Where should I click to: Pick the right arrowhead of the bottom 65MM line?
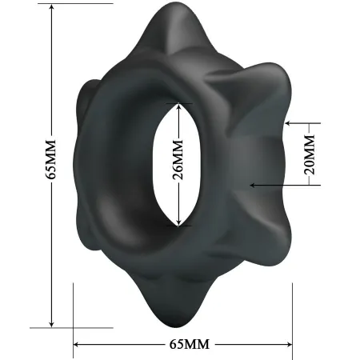[289, 345]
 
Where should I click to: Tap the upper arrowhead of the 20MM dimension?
[286, 123]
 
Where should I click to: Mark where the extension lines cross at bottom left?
[74, 327]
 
